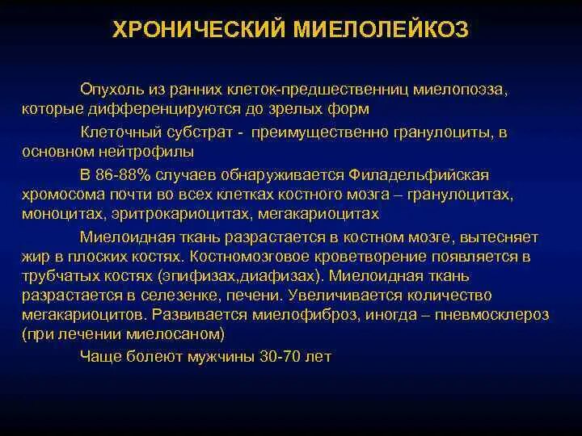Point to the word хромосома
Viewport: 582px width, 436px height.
coord(61,195)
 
